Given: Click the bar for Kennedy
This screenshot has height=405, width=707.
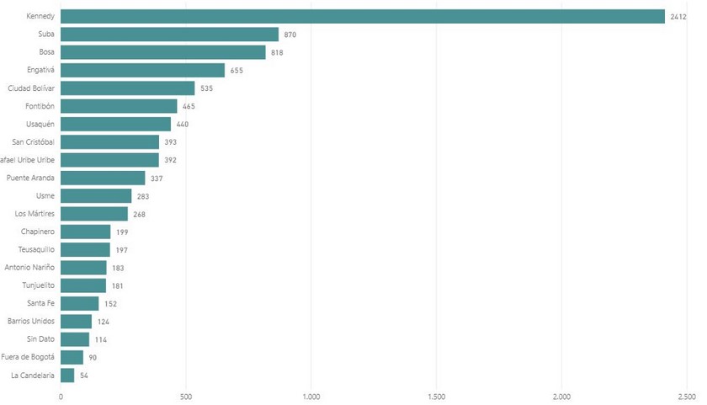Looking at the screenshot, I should [362, 16].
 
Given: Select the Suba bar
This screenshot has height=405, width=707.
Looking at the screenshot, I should [169, 35].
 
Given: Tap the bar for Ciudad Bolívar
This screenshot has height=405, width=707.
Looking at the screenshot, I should [127, 88].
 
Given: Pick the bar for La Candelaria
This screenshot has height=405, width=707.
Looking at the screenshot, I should [67, 376].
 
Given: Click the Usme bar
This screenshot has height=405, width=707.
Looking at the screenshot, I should [96, 196].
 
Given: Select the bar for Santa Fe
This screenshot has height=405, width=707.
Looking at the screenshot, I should [79, 304].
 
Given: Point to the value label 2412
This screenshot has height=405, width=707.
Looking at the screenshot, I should [679, 16].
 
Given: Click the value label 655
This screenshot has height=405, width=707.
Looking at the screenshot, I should [237, 71].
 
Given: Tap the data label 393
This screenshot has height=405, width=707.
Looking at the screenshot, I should [170, 142].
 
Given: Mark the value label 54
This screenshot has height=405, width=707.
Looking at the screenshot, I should [83, 376].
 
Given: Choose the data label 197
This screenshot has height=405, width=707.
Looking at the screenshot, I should [122, 250].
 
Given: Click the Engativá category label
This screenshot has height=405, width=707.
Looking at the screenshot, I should [38, 71].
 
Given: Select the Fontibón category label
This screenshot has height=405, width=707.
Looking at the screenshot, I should [37, 106].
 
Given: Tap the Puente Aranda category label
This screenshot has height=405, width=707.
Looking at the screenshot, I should [30, 179].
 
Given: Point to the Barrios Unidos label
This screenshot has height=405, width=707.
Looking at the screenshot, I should [31, 322].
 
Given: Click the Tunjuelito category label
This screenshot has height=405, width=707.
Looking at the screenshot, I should [36, 286].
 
